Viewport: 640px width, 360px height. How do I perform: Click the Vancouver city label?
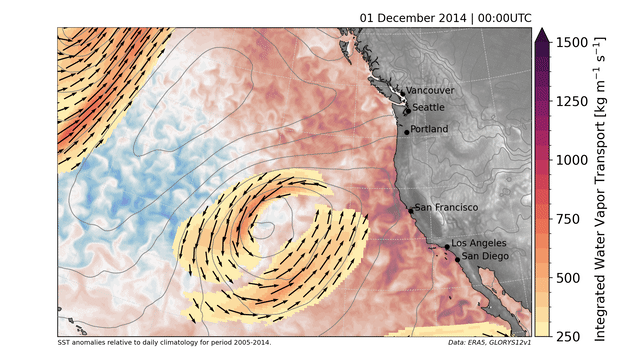430,90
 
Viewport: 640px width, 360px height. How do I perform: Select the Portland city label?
430,129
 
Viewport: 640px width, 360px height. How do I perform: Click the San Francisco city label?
447,207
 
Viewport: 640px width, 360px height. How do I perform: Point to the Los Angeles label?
479,243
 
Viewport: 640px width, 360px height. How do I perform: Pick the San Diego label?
485,256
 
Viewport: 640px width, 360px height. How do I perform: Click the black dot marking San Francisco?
411,210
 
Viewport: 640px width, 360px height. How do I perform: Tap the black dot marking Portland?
407,131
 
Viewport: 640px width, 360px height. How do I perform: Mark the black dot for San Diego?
458,259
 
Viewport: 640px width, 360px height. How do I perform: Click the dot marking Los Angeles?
447,247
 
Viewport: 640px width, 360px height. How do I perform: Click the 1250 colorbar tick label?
572,101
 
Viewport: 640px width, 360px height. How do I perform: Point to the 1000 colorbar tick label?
572,159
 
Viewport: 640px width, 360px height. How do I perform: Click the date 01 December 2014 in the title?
406,17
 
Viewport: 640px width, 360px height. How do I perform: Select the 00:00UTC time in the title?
494,17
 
